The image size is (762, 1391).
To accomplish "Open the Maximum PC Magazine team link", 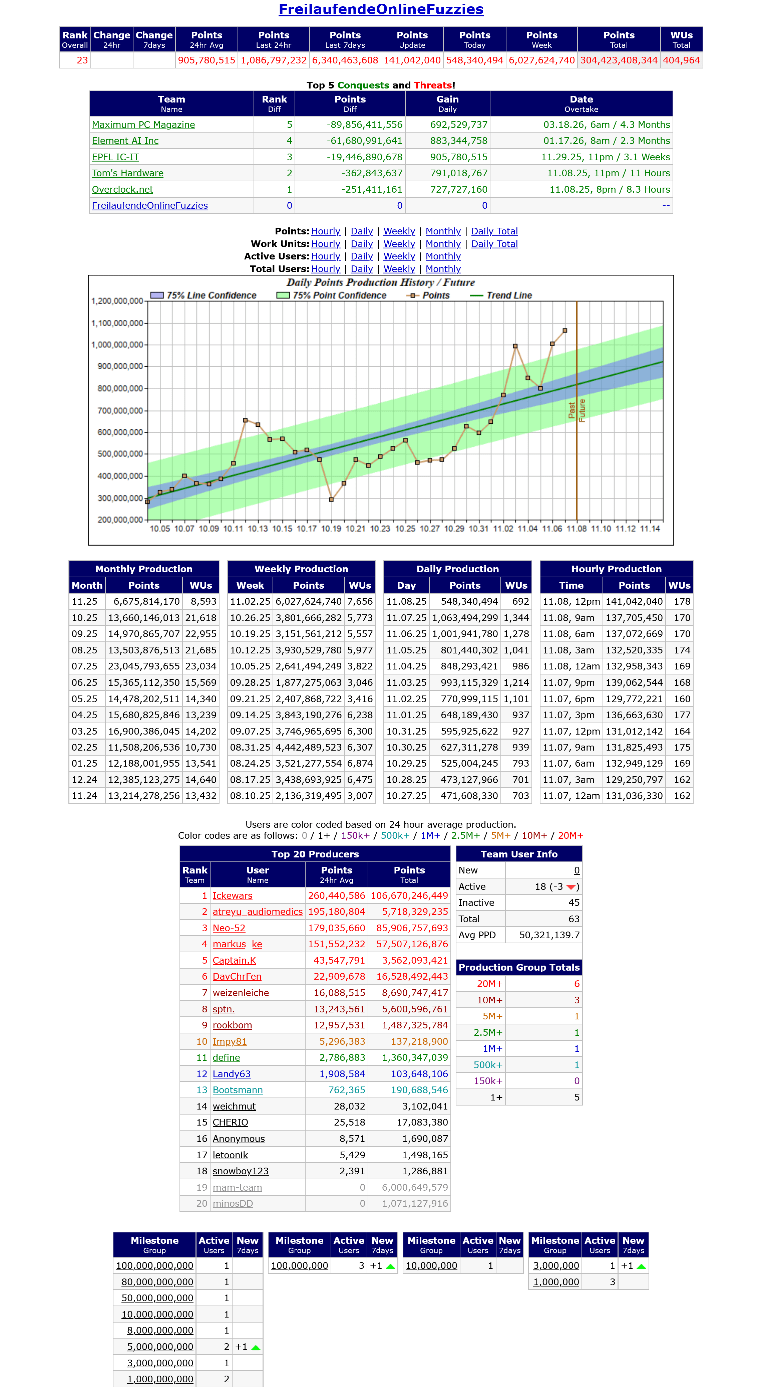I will (x=143, y=125).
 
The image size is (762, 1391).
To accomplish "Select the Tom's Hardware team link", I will (x=127, y=173).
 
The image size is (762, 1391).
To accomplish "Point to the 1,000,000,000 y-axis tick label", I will (x=117, y=345).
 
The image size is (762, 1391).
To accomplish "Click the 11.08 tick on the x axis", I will (x=577, y=529).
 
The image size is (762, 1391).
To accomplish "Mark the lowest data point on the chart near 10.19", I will (x=331, y=500).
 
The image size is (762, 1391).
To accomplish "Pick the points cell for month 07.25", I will (x=143, y=666).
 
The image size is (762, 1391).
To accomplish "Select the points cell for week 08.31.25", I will (x=308, y=747).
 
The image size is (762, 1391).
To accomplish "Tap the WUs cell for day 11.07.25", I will (x=516, y=618).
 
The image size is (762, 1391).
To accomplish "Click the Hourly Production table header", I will (x=616, y=569).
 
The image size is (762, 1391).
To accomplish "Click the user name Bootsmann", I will (x=238, y=1090).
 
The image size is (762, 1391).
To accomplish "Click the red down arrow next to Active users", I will (x=571, y=887).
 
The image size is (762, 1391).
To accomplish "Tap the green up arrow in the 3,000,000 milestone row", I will (x=641, y=1266).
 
